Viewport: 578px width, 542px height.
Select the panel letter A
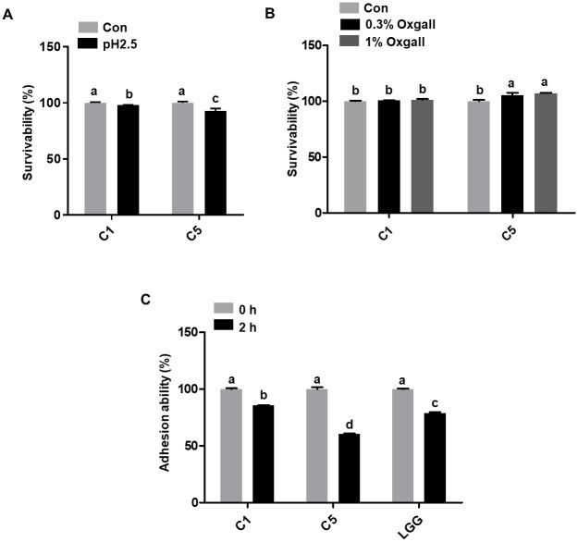9,13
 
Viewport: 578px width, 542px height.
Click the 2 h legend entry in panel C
244,324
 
